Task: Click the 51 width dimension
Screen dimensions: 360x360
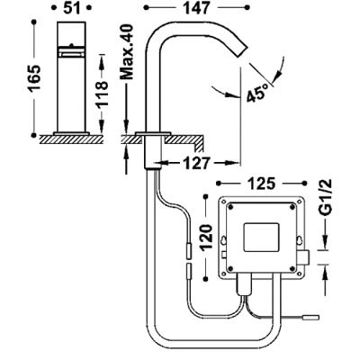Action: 71,8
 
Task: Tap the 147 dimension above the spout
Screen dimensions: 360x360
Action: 196,8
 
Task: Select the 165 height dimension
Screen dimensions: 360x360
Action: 33,78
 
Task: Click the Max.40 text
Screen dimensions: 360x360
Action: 126,52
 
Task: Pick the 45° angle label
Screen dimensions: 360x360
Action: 257,93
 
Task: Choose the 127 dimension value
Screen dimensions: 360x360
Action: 197,164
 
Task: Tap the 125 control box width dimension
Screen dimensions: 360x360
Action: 261,184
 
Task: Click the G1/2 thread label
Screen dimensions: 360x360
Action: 325,197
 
